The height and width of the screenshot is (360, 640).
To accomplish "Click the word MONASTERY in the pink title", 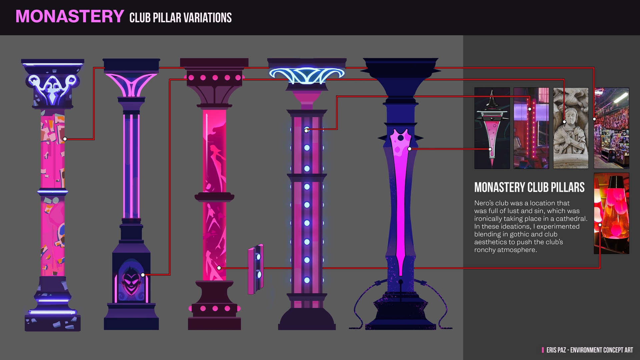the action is pos(70,16).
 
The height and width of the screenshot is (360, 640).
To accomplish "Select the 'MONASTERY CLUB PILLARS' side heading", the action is pos(529,187).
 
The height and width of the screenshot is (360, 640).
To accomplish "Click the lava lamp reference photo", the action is pos(611,213).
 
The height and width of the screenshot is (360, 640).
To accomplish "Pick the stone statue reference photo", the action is pos(571,128).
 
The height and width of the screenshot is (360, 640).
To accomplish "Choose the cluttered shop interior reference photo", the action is pos(611,128).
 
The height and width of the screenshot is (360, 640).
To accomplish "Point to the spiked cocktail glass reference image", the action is pos(492,128).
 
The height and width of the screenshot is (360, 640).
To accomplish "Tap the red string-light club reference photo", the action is pos(531,128).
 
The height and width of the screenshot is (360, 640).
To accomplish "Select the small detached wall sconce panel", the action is pos(256,269).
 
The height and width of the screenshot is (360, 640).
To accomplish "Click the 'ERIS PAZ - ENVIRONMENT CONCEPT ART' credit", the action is pos(589,350).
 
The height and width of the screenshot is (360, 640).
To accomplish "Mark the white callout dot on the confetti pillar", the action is pos(65,139).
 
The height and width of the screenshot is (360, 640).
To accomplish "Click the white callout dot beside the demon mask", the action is pos(143,275).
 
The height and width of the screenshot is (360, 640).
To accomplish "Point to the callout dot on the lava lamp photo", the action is pos(600,225).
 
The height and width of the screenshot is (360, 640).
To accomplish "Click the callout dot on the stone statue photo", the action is pos(564,122).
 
